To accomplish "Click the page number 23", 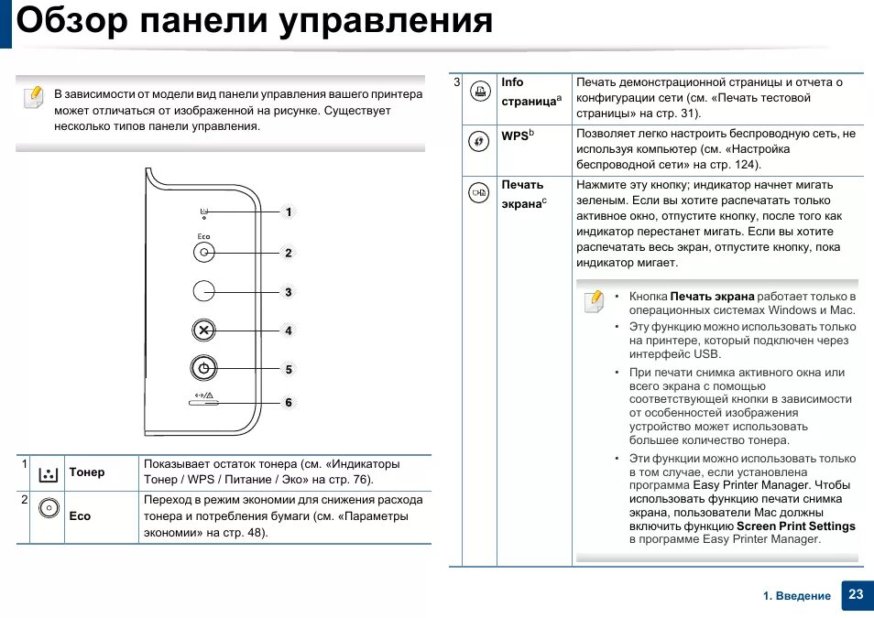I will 856,594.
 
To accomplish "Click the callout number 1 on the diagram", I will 288,212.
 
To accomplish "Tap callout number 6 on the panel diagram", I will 288,403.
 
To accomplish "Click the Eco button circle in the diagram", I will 204,252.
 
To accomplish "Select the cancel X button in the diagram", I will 204,330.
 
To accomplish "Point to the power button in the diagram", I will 204,369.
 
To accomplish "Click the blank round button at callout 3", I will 204,291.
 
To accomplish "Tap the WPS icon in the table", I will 477,141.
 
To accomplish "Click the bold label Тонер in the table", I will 87,472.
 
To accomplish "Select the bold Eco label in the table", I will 80,516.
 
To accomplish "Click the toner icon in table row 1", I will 49,474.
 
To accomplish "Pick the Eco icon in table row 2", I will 49,509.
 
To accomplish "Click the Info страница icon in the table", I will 477,91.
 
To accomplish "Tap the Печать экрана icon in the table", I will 477,192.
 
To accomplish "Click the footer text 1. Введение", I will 797,596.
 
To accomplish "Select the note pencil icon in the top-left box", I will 33,96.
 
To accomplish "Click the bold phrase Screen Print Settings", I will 795,526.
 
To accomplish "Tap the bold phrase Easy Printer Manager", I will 751,485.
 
